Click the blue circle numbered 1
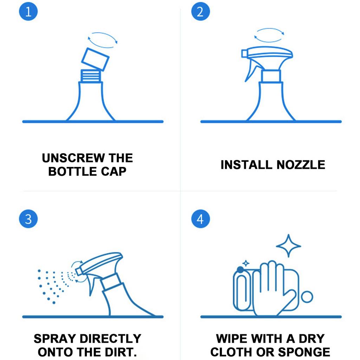28,11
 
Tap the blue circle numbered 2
200,11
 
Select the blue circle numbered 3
28,219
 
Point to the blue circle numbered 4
200,219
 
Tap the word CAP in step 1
114,172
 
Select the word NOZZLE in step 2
301,165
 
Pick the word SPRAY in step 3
55,339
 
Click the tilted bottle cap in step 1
95,59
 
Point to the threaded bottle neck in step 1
91,76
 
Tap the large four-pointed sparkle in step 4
288,246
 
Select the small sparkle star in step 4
246,263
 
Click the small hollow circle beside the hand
307,297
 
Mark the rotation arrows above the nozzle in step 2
269,28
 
